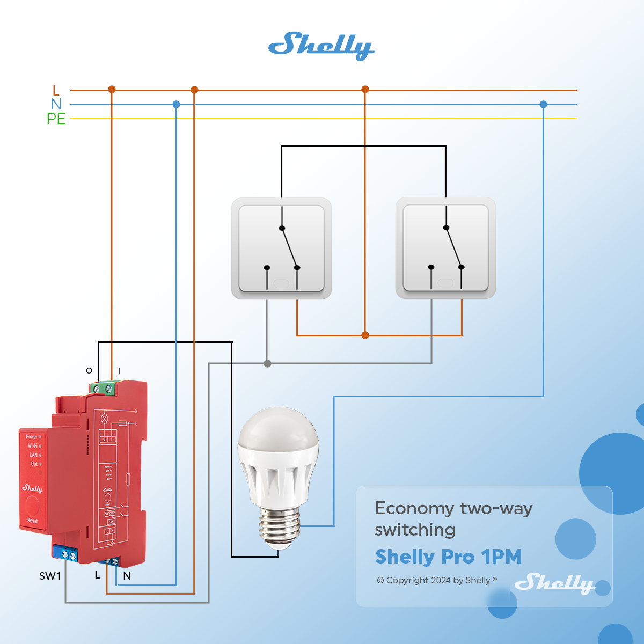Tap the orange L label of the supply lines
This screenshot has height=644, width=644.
[x=56, y=90]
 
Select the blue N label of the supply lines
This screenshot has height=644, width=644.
[x=56, y=104]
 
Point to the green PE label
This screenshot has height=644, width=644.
[x=56, y=119]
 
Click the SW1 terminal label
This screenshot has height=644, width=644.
[x=50, y=576]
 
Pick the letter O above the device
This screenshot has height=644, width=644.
[x=89, y=370]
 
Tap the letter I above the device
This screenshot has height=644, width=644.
[x=120, y=371]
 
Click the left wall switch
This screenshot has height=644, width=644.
[x=281, y=248]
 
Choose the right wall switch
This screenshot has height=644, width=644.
[x=445, y=248]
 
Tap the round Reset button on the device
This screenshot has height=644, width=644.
[x=32, y=505]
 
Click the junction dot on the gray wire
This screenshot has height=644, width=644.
[x=268, y=364]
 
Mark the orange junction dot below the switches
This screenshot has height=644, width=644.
[x=365, y=335]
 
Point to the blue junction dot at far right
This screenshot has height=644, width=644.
[x=544, y=105]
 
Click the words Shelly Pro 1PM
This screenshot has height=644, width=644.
[x=448, y=557]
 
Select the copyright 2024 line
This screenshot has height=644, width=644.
[x=437, y=580]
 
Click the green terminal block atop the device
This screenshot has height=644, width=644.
[x=104, y=387]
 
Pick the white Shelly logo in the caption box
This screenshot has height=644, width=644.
[x=554, y=583]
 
